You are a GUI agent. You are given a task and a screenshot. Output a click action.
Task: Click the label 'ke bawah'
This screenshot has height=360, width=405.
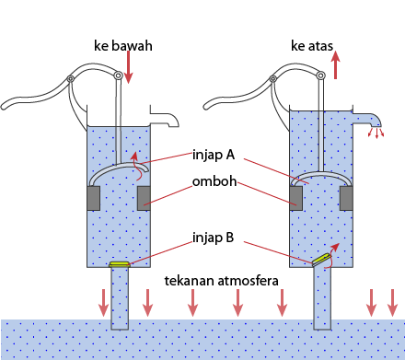point(122,45)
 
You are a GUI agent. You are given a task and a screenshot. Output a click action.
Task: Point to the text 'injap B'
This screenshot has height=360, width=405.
point(214,237)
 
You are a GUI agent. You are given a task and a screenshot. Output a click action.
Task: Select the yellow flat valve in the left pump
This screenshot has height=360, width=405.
point(121,265)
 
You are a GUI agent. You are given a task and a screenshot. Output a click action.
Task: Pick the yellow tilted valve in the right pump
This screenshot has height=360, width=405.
point(321,261)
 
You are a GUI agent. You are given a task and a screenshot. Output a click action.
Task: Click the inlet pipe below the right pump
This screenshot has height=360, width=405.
point(322,299)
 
